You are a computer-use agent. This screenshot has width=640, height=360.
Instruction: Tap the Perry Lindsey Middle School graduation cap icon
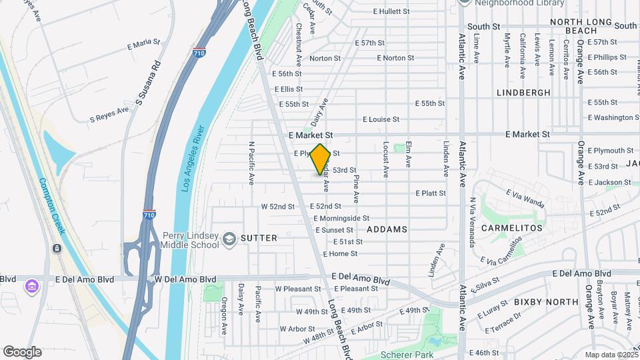229,239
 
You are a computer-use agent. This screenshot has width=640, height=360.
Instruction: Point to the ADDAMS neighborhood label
386,229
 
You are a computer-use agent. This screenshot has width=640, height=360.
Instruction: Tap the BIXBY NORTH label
546,302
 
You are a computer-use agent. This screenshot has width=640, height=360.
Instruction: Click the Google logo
21,352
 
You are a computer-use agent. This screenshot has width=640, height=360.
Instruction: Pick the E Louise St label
381,119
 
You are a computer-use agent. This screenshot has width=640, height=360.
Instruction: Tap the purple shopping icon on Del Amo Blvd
31,287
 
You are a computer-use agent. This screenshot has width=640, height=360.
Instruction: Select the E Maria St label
143,44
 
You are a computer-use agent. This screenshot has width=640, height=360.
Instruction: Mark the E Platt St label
430,193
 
